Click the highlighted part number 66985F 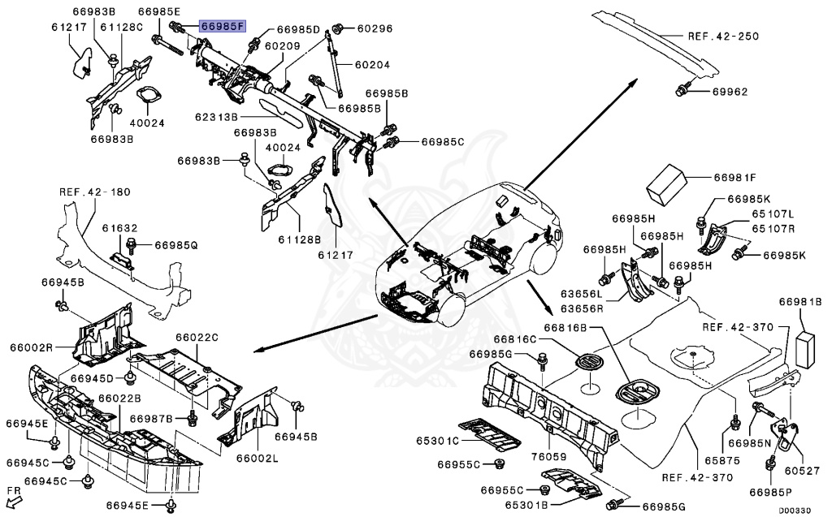click(x=223, y=27)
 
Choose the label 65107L click(x=772, y=213)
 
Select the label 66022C click(x=197, y=337)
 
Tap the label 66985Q click(x=176, y=243)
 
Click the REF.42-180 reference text click(x=94, y=192)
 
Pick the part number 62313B click(x=216, y=118)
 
